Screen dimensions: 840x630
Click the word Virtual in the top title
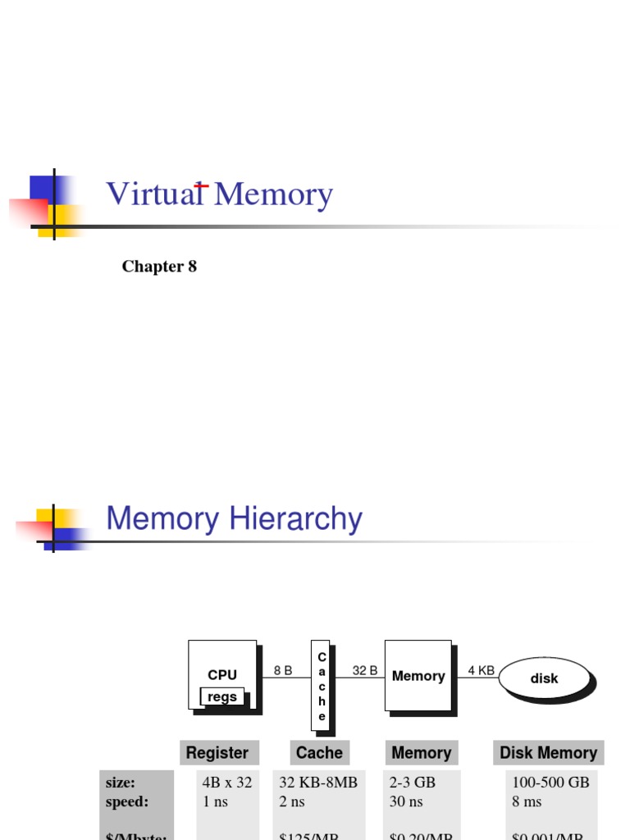point(154,195)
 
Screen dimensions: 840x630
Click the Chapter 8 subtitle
point(159,267)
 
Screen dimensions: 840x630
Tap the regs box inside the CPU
point(222,696)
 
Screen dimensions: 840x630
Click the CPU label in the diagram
point(222,675)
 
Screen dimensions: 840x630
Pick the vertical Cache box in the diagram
point(322,685)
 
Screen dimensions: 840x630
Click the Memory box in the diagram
point(418,676)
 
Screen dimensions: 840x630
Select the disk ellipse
point(544,678)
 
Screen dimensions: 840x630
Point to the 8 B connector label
point(283,670)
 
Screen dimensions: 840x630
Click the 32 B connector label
point(365,670)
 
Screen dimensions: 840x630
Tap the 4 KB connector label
point(482,670)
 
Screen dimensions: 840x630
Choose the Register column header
point(217,753)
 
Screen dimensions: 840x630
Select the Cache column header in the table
point(319,753)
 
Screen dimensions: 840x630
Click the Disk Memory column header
point(548,753)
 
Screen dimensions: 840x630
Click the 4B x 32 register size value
point(227,783)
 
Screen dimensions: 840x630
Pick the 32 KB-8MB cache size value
point(318,783)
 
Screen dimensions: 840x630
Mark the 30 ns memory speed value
point(406,801)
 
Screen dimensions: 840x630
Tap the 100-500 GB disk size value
point(550,783)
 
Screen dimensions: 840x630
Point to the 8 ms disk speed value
point(527,801)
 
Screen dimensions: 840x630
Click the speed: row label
point(127,801)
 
